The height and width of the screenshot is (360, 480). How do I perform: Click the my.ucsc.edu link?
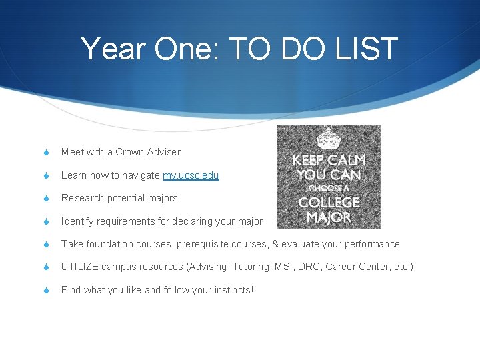(191, 175)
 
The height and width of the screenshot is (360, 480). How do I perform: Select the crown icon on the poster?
(328, 138)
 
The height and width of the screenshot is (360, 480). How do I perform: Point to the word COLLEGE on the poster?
(329, 202)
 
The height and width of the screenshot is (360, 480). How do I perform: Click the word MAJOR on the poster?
(329, 217)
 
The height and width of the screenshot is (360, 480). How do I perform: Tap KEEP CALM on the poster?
(329, 161)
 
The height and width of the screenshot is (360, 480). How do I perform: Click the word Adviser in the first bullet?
(164, 152)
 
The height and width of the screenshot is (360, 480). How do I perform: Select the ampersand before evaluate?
(275, 244)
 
